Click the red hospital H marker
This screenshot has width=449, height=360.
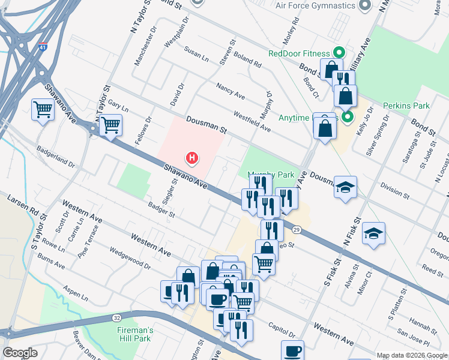point(191,158)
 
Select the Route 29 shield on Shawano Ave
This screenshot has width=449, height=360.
point(297,230)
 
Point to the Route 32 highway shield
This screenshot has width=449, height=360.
point(116,317)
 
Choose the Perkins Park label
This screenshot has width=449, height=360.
point(406,106)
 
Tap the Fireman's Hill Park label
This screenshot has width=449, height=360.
point(135,334)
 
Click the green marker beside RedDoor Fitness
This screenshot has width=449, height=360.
point(338,52)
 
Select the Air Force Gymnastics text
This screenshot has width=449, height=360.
point(315,6)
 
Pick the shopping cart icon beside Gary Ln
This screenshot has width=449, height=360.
point(110,125)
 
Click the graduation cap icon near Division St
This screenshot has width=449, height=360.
point(345,187)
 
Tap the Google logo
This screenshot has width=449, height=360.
point(20,353)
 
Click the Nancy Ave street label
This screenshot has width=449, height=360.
point(231,92)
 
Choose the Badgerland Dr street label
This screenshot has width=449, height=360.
point(55,156)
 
